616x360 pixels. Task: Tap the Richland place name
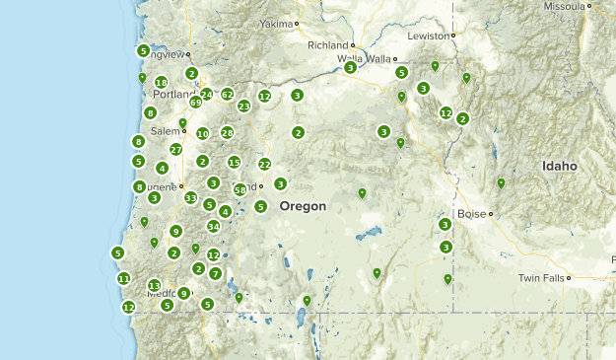pos(328,45)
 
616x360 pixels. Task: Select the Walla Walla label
pos(364,58)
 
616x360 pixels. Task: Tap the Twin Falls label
pos(542,278)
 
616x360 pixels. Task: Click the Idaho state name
pos(559,167)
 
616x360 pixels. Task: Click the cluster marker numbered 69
pos(195,103)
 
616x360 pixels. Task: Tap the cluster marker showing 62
pos(227,95)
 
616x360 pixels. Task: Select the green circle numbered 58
pos(240,189)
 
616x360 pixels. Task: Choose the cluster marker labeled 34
pos(213,226)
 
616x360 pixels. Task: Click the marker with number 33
pos(191,197)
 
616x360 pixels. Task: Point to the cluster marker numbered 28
pos(227,133)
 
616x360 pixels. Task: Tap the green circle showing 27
pos(175,150)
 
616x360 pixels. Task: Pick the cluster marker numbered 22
pos(264,165)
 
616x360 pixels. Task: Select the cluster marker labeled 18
pos(161,83)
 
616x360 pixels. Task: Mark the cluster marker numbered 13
pos(154,286)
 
